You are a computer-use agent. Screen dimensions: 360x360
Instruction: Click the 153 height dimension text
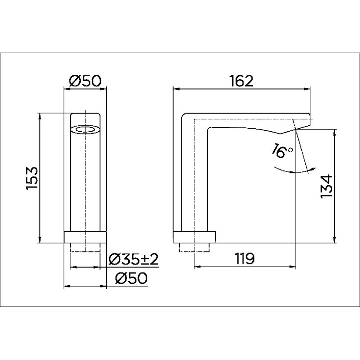pos(33,178)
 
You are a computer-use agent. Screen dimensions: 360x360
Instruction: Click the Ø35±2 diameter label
pos(133,260)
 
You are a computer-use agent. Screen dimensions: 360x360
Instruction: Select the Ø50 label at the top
pos(85,81)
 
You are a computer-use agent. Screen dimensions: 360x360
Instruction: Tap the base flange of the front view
pos(85,237)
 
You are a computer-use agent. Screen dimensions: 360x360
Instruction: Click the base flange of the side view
pos(194,237)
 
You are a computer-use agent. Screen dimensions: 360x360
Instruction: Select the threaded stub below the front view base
pos(85,248)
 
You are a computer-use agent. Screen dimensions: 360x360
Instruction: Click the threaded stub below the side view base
pos(194,248)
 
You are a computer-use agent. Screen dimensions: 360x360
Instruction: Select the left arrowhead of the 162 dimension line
pos(176,89)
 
